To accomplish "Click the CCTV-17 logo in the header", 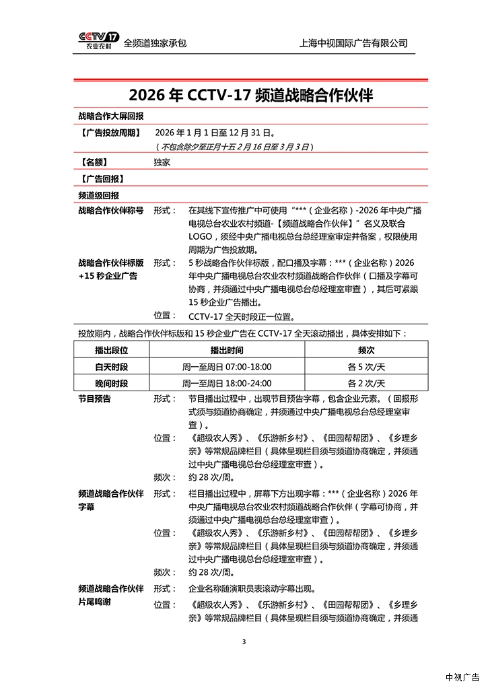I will pos(99,42).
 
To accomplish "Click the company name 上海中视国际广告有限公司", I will pos(353,43).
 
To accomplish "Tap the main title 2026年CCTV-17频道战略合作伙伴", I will pos(250,95).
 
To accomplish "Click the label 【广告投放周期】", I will pos(111,133).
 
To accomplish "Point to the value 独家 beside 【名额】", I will pos(162,162).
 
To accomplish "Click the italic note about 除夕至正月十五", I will pos(234,147).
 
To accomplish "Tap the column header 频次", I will pos(365,351).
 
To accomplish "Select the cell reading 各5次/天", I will pos(365,367).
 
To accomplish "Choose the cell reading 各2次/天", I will pos(365,383).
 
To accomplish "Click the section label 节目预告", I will pos(95,399).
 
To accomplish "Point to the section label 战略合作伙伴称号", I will pos(111,210).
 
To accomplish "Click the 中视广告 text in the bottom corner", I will pos(462,677).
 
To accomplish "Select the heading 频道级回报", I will pos(99,195).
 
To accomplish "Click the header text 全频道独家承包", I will pos(155,43).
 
